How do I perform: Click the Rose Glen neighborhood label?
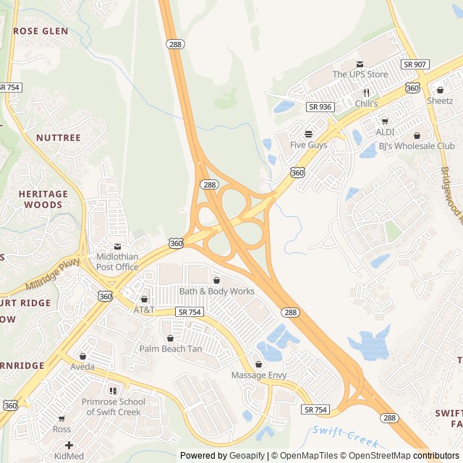(41, 31)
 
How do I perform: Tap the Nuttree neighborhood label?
(58, 137)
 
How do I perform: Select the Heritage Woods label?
(43, 200)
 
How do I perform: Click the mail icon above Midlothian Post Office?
(117, 247)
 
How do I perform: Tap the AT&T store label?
(144, 310)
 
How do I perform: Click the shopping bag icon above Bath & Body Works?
(216, 280)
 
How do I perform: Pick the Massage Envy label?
(258, 375)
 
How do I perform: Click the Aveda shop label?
(82, 367)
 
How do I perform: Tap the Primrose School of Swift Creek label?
(113, 407)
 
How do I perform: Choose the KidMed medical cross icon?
(69, 446)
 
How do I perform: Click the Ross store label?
(61, 429)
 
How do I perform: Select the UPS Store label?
(360, 75)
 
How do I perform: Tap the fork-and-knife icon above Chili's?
(367, 93)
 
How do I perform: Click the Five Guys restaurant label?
(308, 145)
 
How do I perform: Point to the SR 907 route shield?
(415, 64)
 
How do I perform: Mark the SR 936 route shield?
(320, 106)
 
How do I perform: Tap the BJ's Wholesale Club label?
(417, 145)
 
